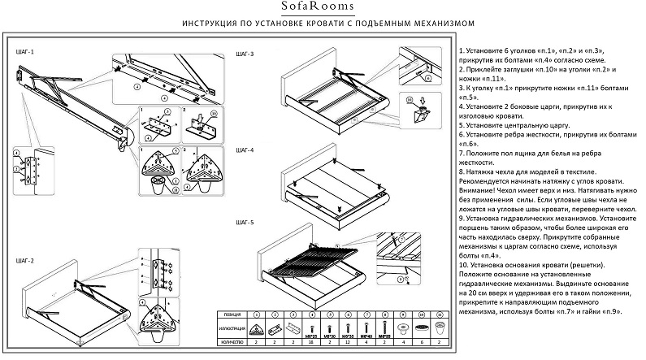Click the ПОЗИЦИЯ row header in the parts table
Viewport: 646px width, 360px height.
pyautogui.click(x=230, y=313)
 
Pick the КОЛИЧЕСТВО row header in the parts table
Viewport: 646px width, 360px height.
pyautogui.click(x=230, y=343)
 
